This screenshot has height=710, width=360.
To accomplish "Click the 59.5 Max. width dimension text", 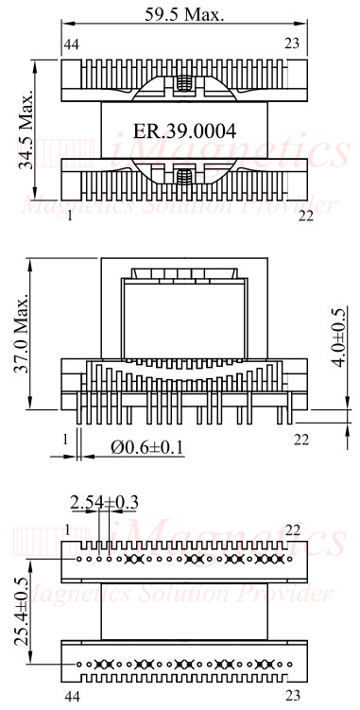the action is click(x=184, y=14).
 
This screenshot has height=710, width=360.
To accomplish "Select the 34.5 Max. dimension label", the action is click(x=26, y=130).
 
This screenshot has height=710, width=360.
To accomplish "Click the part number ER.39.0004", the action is click(x=184, y=131).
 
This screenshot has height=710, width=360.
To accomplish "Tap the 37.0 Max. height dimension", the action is click(x=21, y=333).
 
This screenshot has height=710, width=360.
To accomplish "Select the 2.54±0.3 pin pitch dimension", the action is click(x=104, y=502).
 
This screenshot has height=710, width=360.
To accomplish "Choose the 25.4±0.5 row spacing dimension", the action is click(x=22, y=612).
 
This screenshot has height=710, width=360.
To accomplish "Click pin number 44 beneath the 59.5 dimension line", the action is click(x=72, y=44).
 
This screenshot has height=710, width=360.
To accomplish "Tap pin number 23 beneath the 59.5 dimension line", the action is click(x=292, y=43).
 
